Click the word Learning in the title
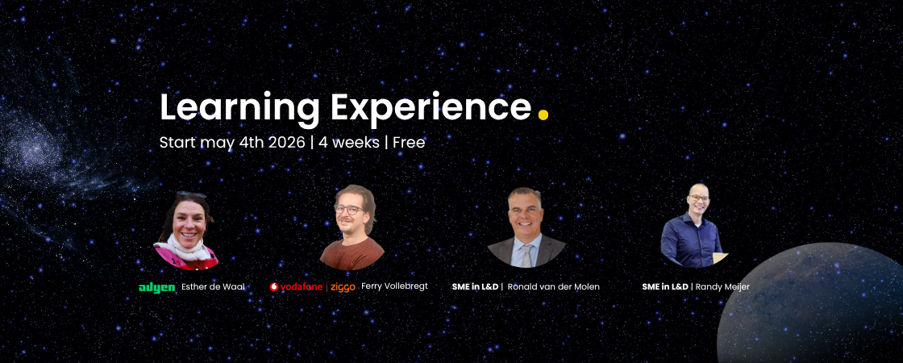tap(239, 109)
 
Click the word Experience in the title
tap(431, 108)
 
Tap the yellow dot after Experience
tap(543, 114)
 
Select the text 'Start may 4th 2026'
tap(232, 142)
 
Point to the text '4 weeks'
tap(349, 142)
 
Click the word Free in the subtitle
tap(409, 142)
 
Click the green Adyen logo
tap(157, 287)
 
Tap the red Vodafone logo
tap(298, 287)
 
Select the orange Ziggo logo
tap(343, 287)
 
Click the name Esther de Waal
tap(213, 287)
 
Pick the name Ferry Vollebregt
tap(394, 286)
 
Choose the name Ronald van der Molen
tap(553, 287)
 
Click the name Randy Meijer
tap(722, 287)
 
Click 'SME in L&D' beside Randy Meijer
tap(665, 287)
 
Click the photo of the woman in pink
tap(186, 231)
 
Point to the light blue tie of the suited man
tap(526, 254)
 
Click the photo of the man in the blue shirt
tap(694, 226)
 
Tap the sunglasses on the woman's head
tap(191, 194)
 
